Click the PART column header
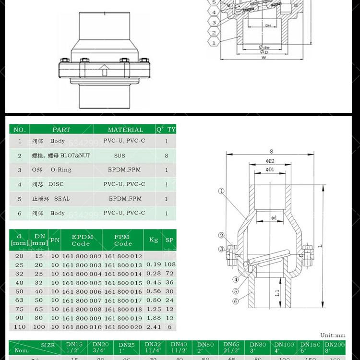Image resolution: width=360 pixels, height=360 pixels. pyautogui.click(x=61, y=130)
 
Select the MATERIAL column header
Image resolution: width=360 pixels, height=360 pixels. pyautogui.click(x=125, y=130)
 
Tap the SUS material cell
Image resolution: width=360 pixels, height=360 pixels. pyautogui.click(x=120, y=156)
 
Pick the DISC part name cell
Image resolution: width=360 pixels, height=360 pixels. pyautogui.click(x=56, y=184)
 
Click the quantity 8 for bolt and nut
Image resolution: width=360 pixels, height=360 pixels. pyautogui.click(x=167, y=156)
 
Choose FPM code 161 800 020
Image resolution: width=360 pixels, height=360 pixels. pyautogui.click(x=123, y=327)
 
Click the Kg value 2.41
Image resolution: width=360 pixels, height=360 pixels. pyautogui.click(x=154, y=327)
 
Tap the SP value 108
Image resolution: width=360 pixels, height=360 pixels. pyautogui.click(x=169, y=264)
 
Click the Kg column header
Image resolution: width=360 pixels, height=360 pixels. pyautogui.click(x=154, y=240)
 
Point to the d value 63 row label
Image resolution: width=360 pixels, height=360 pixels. pyautogui.click(x=19, y=300)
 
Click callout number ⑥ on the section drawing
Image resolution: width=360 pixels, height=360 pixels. pyautogui.click(x=236, y=301)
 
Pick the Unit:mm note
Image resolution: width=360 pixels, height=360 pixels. pyautogui.click(x=333, y=335)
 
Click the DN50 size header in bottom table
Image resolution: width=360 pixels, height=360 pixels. pyautogui.click(x=205, y=347)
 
